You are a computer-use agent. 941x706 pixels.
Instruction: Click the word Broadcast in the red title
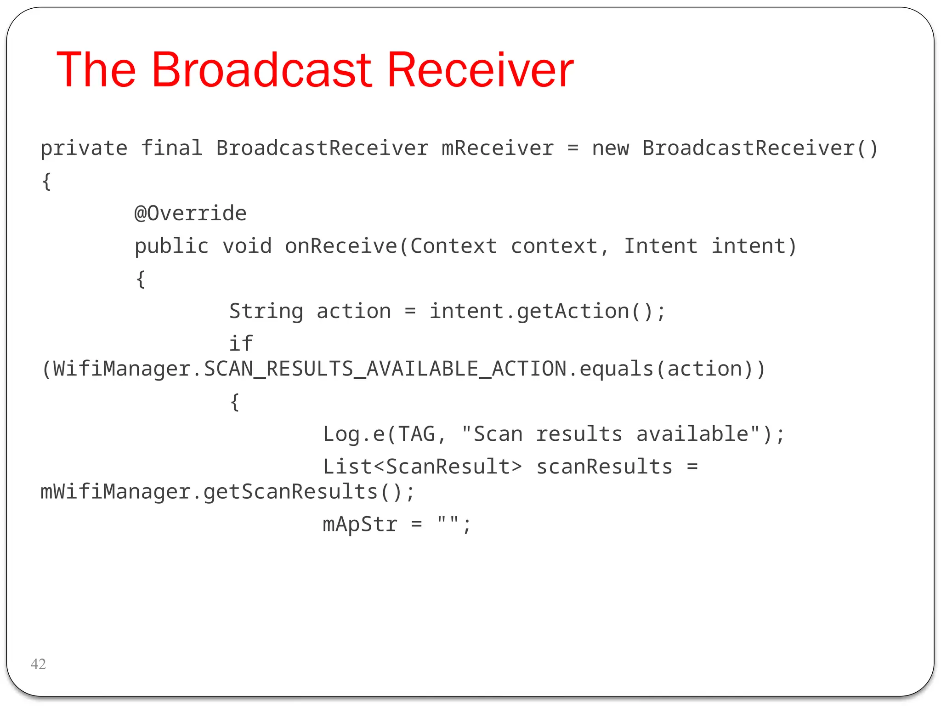tap(262, 70)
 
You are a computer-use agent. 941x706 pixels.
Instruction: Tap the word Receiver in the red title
tap(480, 70)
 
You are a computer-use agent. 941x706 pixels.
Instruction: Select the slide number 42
tap(38, 664)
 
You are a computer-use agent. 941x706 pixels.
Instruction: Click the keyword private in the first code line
tap(84, 148)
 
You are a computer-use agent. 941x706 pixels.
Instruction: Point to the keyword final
tap(171, 148)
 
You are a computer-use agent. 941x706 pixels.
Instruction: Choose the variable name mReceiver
tap(497, 148)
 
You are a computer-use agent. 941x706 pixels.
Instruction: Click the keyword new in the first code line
tap(610, 148)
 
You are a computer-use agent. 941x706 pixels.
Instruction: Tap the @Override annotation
tap(190, 213)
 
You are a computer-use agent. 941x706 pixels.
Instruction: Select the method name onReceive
tap(341, 246)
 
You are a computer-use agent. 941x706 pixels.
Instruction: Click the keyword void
tap(247, 246)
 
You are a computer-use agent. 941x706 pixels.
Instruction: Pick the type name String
tap(266, 312)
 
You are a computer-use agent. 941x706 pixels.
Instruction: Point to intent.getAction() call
tap(547, 312)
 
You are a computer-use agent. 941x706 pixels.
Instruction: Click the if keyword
tap(241, 343)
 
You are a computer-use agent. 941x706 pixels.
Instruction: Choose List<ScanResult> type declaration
tap(422, 467)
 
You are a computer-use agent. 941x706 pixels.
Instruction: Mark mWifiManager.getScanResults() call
tap(227, 492)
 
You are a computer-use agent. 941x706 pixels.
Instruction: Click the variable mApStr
tap(360, 524)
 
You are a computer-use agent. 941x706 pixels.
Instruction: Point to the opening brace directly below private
tap(46, 182)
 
